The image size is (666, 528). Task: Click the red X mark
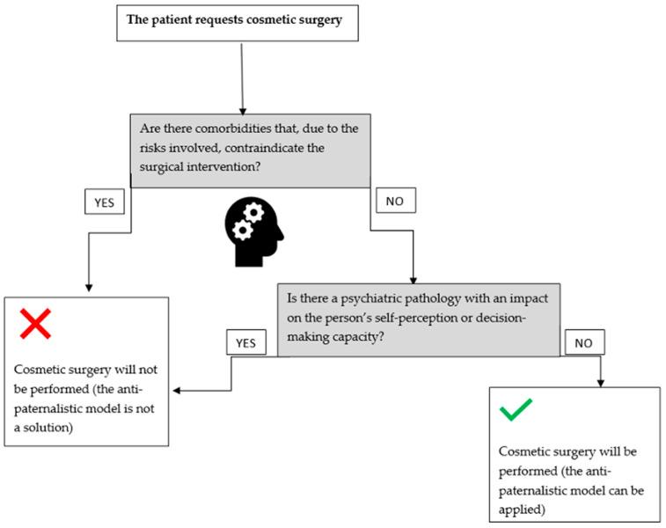click(34, 324)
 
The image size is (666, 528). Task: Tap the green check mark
click(516, 409)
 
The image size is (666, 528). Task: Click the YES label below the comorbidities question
click(105, 203)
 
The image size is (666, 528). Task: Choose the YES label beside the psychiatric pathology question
click(245, 343)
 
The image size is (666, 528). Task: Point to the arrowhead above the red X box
click(88, 289)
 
